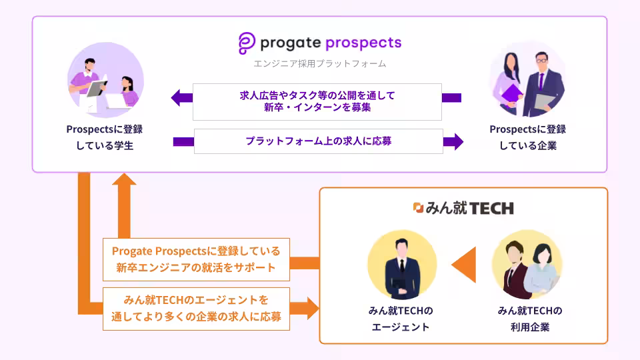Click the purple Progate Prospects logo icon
coord(247,43)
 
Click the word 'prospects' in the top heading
coord(363,43)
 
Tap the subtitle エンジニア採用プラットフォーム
coord(319,64)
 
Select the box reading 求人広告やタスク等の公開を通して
coord(317,101)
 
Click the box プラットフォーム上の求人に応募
coord(319,141)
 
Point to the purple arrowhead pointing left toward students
coord(181,98)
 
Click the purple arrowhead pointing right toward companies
coord(453,141)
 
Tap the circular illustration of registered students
coord(106,80)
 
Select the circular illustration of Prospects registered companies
coord(528,80)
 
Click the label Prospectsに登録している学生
coord(105,137)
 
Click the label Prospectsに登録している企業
coord(528,137)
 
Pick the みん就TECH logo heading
coord(464,208)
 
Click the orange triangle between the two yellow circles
coord(464,265)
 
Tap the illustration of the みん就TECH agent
coord(402,265)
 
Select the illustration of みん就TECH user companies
coord(527,265)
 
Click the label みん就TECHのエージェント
coord(401,319)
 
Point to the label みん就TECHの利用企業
coord(530,319)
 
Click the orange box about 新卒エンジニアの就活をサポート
coord(196,259)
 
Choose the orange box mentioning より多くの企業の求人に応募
coord(196,309)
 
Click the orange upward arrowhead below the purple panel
coord(124,179)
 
